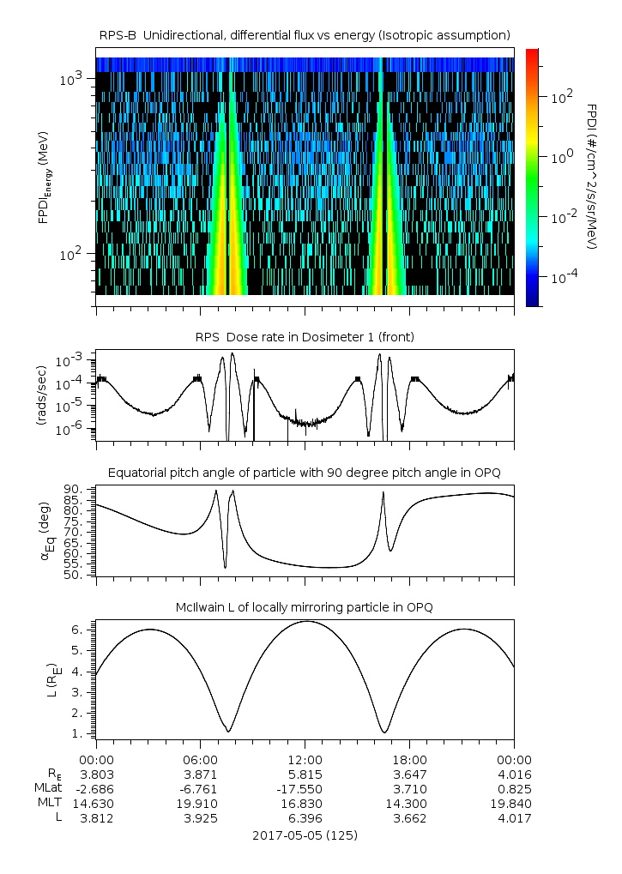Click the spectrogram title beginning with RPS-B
305,34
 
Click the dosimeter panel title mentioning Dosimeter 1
305,337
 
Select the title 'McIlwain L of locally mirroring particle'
305,607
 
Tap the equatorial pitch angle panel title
305,473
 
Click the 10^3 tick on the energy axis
70,79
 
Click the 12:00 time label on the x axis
305,760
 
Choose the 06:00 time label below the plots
200,760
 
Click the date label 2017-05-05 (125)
305,835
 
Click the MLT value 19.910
200,804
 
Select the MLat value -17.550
305,789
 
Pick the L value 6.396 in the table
305,818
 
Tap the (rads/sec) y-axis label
39,396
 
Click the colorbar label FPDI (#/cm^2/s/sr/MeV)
592,176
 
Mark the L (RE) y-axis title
49,672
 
